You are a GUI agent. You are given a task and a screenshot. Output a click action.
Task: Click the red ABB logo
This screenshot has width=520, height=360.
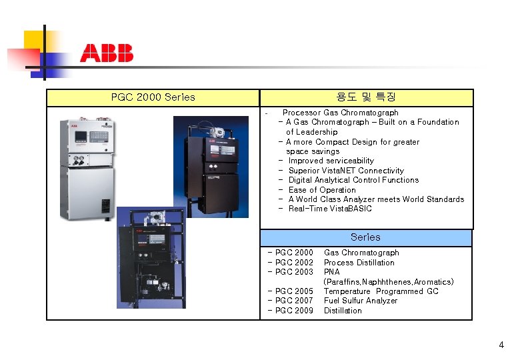click(107, 53)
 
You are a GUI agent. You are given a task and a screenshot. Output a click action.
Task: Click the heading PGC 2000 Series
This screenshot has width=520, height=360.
click(153, 97)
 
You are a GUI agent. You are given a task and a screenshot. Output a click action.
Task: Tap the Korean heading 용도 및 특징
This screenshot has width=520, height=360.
click(366, 97)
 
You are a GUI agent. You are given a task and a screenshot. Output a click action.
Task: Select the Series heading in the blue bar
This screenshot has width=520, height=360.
click(365, 237)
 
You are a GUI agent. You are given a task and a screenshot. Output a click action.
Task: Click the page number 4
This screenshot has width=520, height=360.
click(501, 345)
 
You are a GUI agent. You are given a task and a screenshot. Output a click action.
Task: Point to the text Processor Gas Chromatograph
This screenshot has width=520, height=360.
click(340, 113)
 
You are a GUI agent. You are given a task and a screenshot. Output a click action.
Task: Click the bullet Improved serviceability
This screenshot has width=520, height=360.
click(331, 161)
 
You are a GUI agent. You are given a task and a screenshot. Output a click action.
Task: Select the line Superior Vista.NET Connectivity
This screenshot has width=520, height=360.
click(346, 171)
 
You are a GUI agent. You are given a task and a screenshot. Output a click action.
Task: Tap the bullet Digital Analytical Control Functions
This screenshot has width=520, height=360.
click(353, 180)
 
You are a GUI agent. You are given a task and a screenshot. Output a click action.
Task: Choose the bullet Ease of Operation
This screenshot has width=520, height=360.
click(322, 190)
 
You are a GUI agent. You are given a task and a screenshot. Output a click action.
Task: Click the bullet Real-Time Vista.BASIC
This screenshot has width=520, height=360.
click(330, 209)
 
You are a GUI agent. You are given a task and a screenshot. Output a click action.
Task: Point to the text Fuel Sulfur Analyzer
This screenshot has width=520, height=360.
click(360, 301)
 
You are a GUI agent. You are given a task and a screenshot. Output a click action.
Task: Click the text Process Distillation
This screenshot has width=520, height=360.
click(359, 263)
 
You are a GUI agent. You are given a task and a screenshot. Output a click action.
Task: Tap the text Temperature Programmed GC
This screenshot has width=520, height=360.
click(381, 291)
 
